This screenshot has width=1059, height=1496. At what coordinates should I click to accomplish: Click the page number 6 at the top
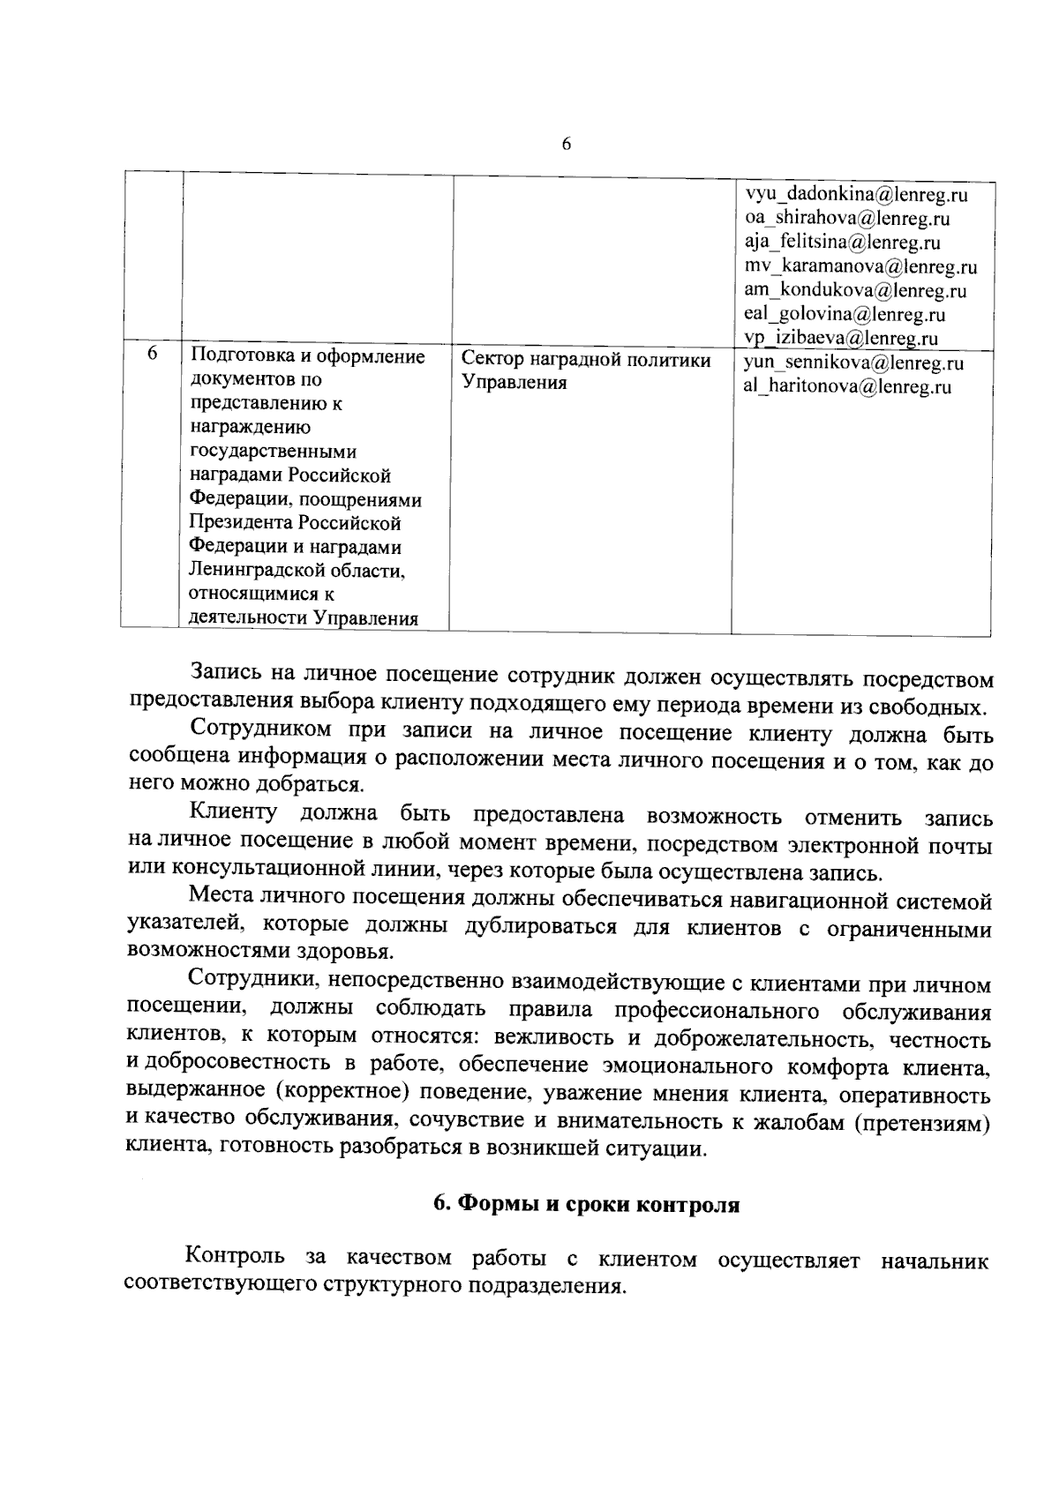point(567,146)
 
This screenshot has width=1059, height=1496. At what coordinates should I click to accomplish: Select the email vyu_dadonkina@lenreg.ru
point(856,194)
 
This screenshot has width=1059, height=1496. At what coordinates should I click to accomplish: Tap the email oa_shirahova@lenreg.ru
point(846,218)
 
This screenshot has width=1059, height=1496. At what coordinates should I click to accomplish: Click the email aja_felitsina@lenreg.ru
point(841,242)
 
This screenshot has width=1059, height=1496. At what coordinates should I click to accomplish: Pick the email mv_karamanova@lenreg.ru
point(860,266)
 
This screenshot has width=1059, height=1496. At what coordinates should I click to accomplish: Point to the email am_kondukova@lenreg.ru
point(854,290)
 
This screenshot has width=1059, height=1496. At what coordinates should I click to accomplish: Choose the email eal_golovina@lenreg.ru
point(845,314)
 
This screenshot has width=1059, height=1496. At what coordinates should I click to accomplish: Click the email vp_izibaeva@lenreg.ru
point(840,338)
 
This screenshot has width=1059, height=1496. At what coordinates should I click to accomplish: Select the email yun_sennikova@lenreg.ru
point(853,363)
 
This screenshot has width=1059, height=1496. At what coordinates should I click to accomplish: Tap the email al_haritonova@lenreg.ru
point(847,386)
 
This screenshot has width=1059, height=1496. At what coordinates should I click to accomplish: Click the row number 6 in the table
point(152,354)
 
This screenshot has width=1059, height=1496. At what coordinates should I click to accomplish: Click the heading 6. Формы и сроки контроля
point(586,1205)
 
